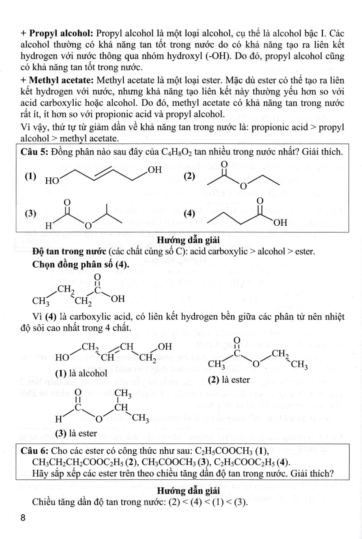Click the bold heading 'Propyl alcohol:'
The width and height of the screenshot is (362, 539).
point(61,34)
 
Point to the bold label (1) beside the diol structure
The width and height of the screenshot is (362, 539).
point(31,176)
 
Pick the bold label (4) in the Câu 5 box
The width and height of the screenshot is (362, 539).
point(189,213)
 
